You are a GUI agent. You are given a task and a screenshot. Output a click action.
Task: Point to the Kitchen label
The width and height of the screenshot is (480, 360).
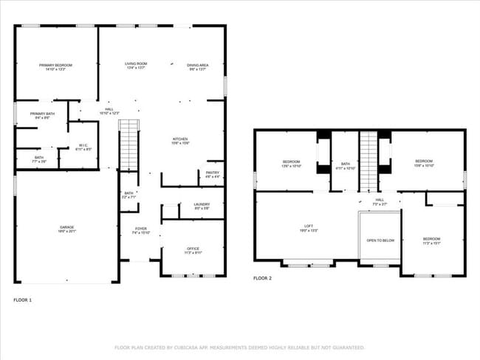click(x=180, y=140)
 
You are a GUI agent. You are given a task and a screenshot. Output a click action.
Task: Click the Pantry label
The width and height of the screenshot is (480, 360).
click(x=213, y=174)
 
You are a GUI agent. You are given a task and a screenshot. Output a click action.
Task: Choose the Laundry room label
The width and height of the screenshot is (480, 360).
click(x=202, y=206)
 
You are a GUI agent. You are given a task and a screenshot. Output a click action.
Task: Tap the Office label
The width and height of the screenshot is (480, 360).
click(x=192, y=249)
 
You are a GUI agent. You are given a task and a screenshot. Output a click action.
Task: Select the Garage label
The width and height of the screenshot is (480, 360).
click(x=68, y=229)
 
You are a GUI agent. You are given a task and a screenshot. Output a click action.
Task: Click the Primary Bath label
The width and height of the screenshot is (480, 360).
click(x=41, y=115)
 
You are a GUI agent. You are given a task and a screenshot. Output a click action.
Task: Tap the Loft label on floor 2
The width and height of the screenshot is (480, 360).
click(x=308, y=229)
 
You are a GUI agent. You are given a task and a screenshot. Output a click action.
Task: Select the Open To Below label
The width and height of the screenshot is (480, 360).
click(x=380, y=240)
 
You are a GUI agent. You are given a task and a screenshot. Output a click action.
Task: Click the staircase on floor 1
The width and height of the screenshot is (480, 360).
click(x=129, y=144)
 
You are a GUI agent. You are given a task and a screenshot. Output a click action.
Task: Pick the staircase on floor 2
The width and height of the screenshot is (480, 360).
click(x=368, y=159)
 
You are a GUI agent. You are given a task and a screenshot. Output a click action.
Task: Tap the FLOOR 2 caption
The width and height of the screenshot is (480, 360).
click(x=262, y=278)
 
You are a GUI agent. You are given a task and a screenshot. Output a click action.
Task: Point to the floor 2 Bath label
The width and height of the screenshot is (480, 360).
click(x=346, y=163)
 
